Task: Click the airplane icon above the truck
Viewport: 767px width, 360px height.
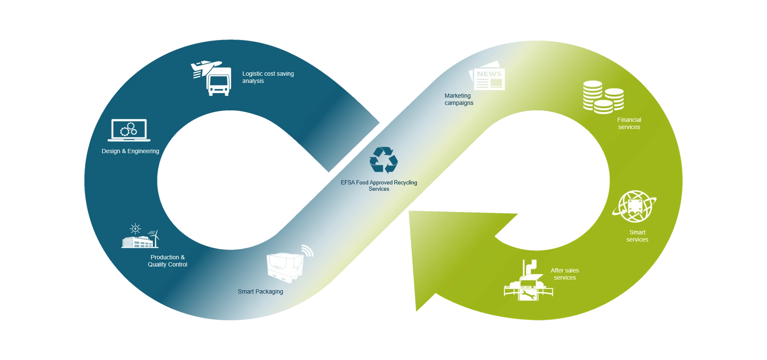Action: click(206, 68)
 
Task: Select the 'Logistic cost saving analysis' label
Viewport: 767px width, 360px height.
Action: click(268, 77)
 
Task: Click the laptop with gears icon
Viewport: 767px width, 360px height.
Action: click(129, 130)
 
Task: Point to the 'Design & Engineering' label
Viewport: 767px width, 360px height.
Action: click(130, 151)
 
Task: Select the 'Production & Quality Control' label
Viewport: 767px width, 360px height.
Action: click(168, 261)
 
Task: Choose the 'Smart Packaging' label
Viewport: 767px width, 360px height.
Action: click(260, 291)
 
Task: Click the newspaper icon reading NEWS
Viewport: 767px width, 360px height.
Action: click(488, 76)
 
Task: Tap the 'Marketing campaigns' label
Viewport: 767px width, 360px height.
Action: click(459, 99)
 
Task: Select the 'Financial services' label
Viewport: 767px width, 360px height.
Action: click(629, 123)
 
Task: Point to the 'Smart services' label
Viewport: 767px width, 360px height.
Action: click(637, 236)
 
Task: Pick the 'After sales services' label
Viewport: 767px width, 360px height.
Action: click(565, 274)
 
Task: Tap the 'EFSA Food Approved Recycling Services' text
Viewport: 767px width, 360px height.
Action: click(379, 186)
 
